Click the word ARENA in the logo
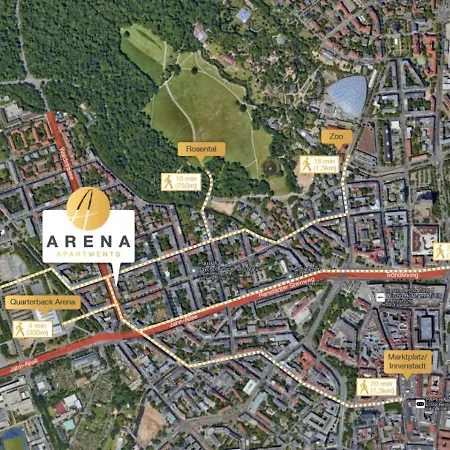[89, 240]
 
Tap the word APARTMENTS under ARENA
[89, 254]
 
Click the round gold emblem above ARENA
[88, 207]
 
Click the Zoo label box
[335, 135]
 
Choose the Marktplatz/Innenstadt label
[411, 359]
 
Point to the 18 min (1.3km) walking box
[319, 164]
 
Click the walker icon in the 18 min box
[305, 164]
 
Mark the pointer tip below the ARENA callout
[116, 278]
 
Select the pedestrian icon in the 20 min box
[363, 386]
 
